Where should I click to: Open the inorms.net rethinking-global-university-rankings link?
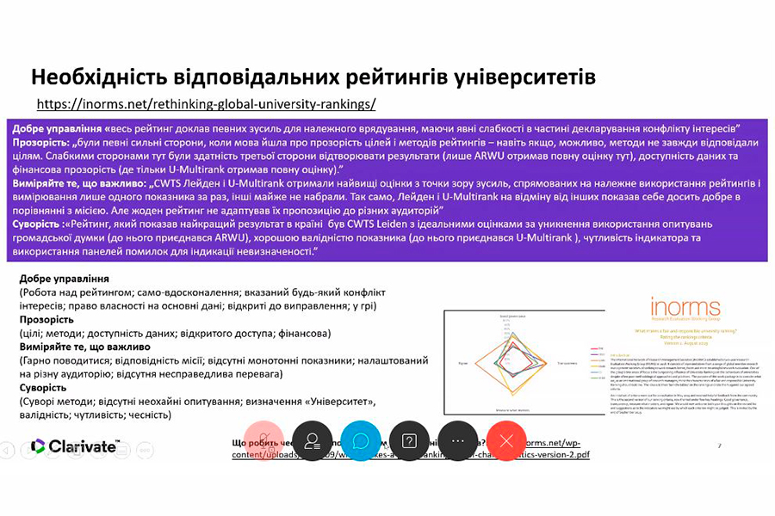click(x=207, y=105)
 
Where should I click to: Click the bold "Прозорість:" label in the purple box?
click(x=40, y=140)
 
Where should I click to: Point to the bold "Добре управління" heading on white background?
click(x=64, y=279)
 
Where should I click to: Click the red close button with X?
click(x=506, y=441)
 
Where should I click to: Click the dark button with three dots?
click(x=458, y=441)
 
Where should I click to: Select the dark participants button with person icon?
click(x=313, y=441)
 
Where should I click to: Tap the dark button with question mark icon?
click(x=410, y=441)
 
